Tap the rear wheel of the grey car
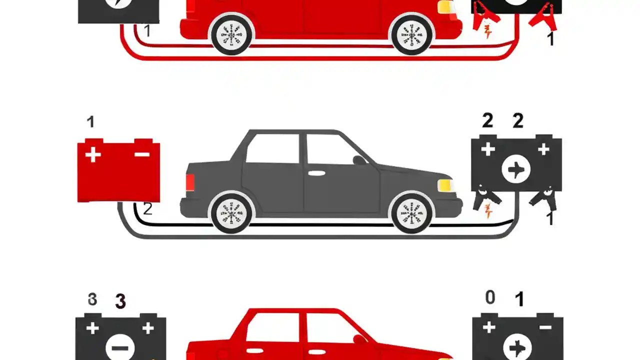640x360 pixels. (231, 213)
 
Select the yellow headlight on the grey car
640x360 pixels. (444, 185)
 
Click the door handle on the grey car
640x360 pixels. (315, 173)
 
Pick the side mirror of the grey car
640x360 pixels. (359, 160)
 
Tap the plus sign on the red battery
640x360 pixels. (92, 154)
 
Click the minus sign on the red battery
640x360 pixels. (142, 154)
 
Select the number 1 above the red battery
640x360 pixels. (90, 122)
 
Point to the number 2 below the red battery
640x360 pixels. (147, 208)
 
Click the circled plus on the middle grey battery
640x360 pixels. (516, 170)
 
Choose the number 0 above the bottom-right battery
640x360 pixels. (490, 297)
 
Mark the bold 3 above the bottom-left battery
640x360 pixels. (120, 301)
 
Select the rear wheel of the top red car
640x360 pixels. (231, 34)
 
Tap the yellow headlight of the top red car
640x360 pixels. (444, 7)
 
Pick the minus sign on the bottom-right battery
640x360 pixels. (545, 327)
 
